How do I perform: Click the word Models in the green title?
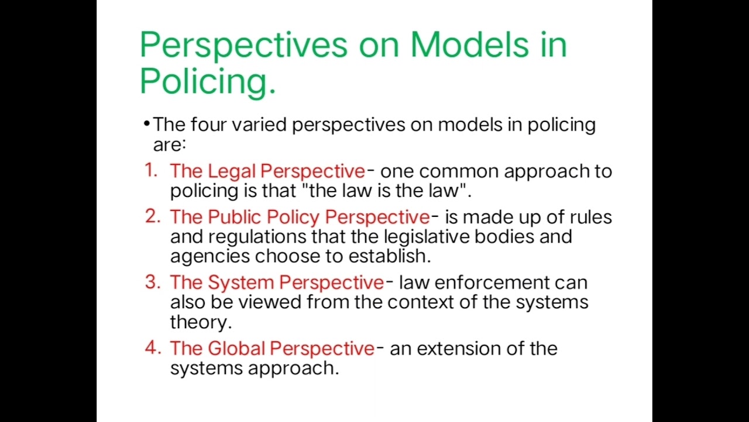point(469,45)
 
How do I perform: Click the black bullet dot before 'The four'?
point(146,124)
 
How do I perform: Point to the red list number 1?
point(152,171)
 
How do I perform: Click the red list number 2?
point(152,216)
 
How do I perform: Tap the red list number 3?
point(152,282)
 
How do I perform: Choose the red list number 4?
point(152,348)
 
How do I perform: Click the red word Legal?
point(232,171)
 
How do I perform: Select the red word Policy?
point(293,217)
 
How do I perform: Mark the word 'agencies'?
point(210,256)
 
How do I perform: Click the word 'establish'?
point(388,256)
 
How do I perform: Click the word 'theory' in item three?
point(200,322)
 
